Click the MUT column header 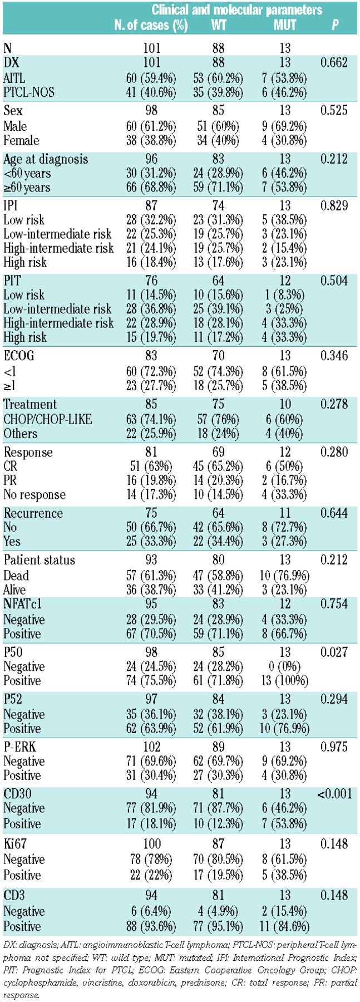[284, 25]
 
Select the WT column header [218, 25]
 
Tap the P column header [334, 25]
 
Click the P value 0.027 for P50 [334, 652]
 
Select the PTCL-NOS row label [29, 92]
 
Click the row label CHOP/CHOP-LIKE [47, 419]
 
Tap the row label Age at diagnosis [46, 159]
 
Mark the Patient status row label [39, 560]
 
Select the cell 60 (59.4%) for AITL [151, 77]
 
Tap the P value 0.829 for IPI [334, 206]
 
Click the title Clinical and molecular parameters [237, 10]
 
